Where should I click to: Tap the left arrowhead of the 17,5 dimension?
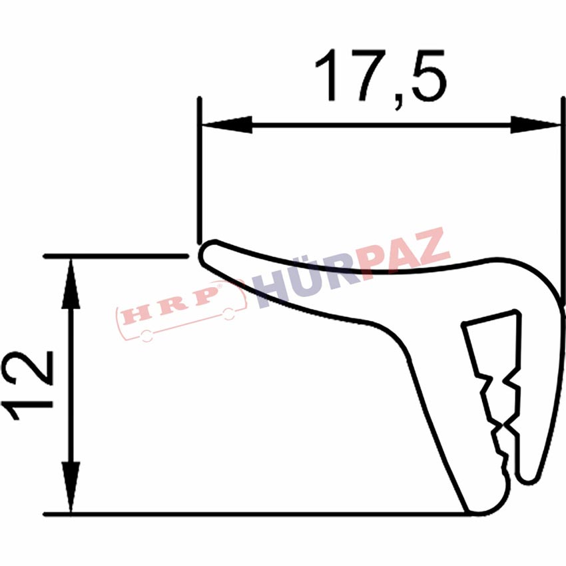pyautogui.click(x=226, y=125)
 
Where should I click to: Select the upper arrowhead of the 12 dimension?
pyautogui.click(x=71, y=284)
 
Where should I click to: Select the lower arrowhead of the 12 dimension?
pyautogui.click(x=71, y=487)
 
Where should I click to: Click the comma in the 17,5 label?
pyautogui.click(x=398, y=102)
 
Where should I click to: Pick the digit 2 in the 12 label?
pyautogui.click(x=27, y=368)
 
